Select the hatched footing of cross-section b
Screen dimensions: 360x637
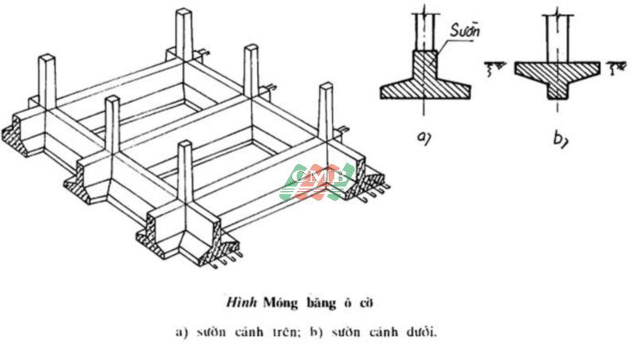[x=557, y=76]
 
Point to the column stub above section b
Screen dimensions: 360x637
[x=557, y=32]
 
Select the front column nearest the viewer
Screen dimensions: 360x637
[x=186, y=179]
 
